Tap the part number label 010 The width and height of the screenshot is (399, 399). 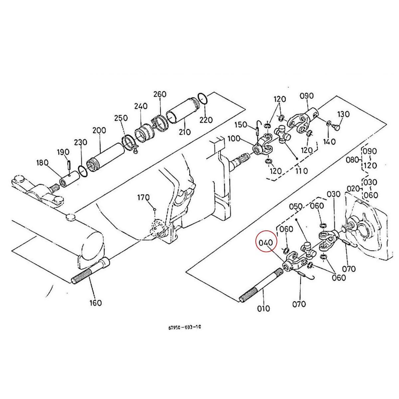click(x=263, y=309)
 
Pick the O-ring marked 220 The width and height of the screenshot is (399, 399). click(x=202, y=99)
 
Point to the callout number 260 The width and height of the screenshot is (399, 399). click(x=160, y=94)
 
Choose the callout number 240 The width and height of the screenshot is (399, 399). click(x=141, y=106)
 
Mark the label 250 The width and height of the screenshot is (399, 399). click(x=121, y=118)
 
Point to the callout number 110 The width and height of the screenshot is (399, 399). click(x=301, y=171)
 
